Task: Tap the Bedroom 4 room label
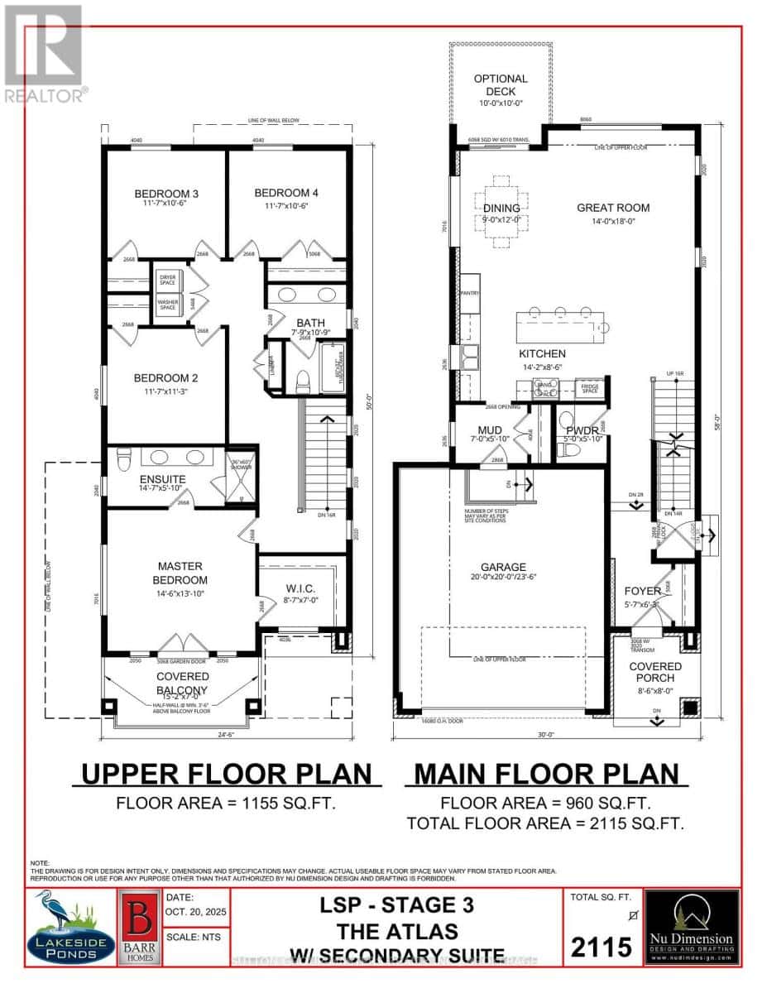(286, 193)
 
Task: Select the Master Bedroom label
(182, 573)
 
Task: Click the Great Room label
(613, 208)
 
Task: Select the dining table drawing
(502, 211)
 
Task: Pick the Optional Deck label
(501, 84)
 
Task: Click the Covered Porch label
(654, 672)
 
